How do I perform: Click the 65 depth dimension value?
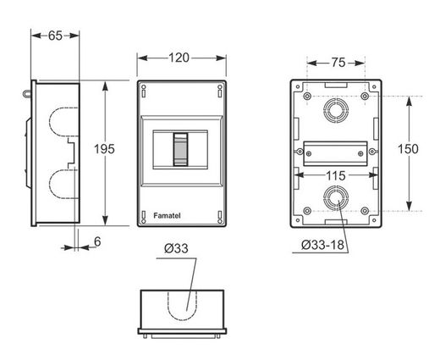point(55,36)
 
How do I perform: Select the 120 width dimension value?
point(179,58)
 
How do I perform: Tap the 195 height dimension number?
point(104,149)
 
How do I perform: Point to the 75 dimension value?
point(338,63)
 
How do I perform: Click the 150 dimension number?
point(408,149)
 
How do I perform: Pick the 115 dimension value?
point(336,175)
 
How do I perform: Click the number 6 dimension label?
point(97,241)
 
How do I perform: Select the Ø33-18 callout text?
point(322,245)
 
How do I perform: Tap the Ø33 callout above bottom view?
point(176,248)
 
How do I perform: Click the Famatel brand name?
point(167,216)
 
